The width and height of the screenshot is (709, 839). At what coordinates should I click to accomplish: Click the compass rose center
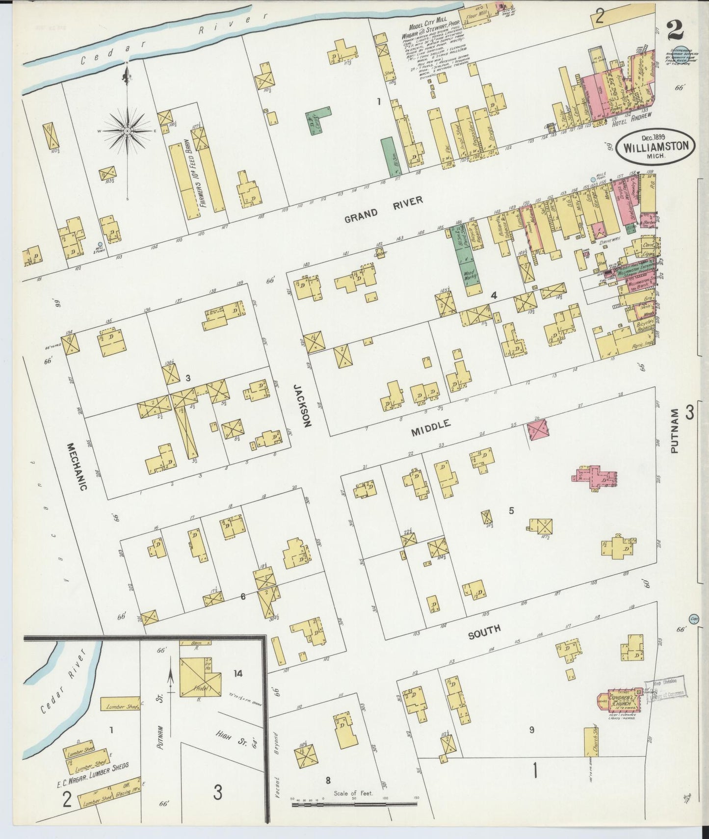pos(127,131)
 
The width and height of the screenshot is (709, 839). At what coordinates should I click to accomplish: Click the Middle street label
pos(430,427)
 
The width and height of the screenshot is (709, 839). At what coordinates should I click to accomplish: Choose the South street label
pos(484,631)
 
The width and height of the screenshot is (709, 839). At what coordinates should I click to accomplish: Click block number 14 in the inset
pos(238,675)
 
